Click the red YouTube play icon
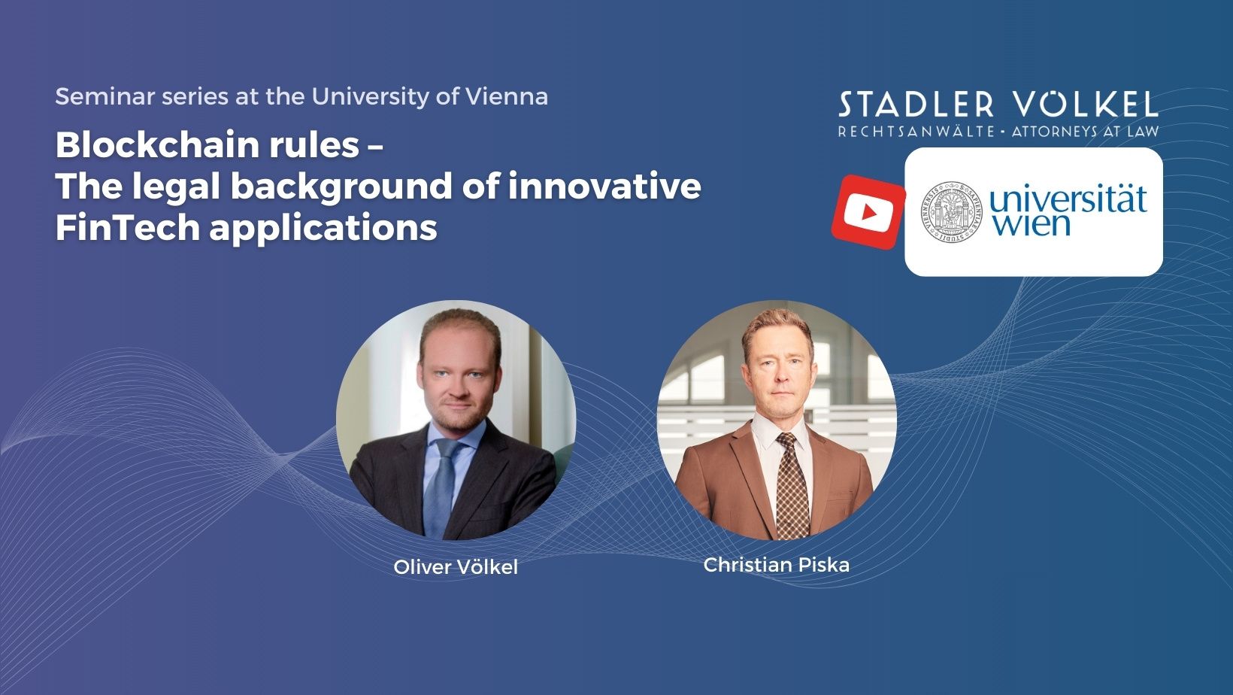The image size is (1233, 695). coord(868,212)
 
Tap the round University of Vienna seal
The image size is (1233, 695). coord(952,212)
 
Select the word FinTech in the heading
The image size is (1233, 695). coord(126,227)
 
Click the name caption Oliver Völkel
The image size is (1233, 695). coord(456,567)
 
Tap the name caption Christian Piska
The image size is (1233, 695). coord(776,565)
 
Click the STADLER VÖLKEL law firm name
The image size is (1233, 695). coord(998,105)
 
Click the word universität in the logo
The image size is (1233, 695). coord(1068,201)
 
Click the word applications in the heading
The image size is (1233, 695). coord(323,228)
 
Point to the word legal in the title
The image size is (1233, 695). coord(177,186)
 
